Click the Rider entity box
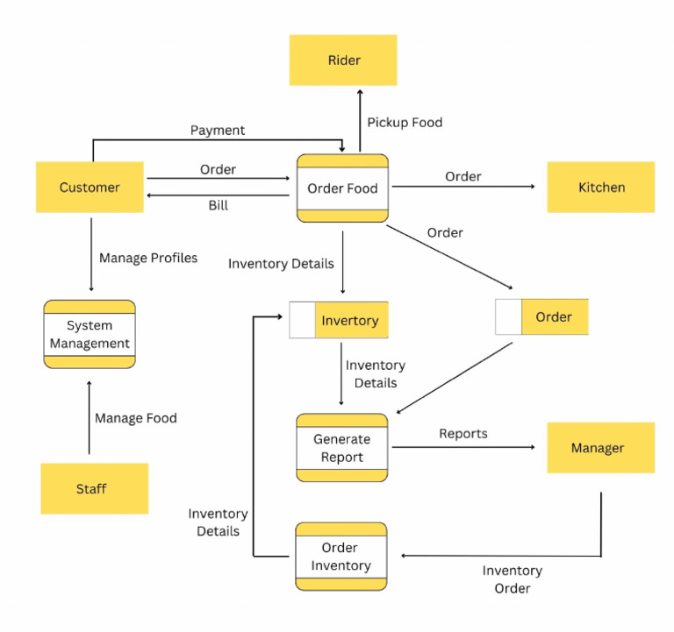coord(343,60)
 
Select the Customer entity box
coord(90,187)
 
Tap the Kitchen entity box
coord(601,187)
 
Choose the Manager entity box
coord(600,448)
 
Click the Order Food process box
coord(342,188)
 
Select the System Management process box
coord(90,334)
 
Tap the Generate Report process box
coord(341,448)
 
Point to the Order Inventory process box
coord(341,557)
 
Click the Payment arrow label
coord(218,130)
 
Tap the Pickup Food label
coord(405,122)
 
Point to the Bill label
coord(218,205)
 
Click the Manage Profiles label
coord(148,258)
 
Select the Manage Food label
coord(136,418)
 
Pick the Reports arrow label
coord(463,433)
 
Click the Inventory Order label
coord(513,579)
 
